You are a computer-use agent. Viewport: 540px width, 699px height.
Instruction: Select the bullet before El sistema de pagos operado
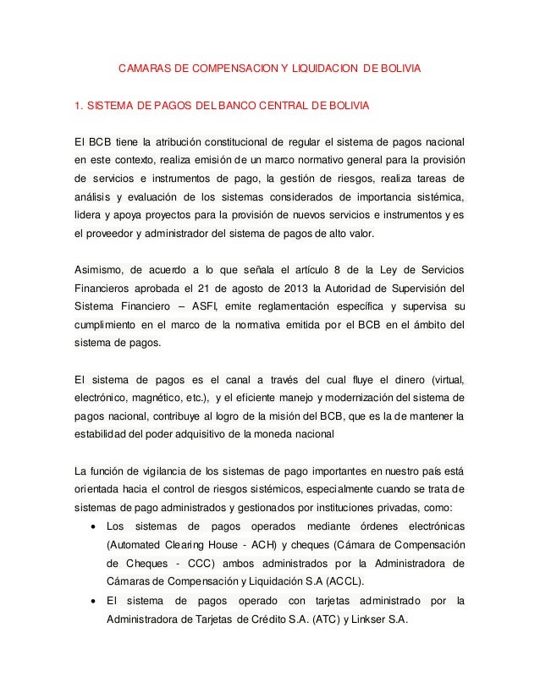(x=91, y=602)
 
